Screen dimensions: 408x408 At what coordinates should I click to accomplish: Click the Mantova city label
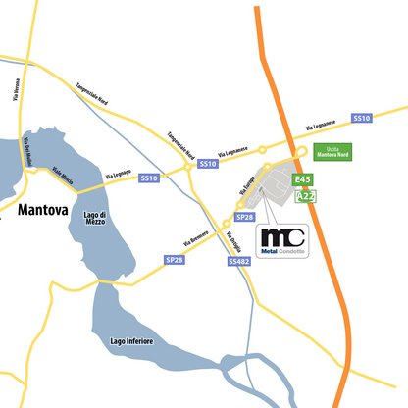pos(41,209)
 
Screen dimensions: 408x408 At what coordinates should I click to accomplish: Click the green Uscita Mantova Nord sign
pos(332,153)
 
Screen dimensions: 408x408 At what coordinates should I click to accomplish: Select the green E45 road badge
pos(302,180)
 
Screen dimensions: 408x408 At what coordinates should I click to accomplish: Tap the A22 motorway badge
pos(305,197)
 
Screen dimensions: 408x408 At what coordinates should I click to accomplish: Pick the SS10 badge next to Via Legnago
pos(149,178)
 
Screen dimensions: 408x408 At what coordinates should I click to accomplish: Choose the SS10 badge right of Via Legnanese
pos(361,118)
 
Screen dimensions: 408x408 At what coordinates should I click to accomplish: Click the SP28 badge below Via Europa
pos(245,216)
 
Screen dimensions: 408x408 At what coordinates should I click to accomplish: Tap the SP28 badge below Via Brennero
pos(175,259)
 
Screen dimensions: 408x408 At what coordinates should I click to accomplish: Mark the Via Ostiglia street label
pos(230,239)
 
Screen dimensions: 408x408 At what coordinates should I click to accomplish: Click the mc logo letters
pos(282,236)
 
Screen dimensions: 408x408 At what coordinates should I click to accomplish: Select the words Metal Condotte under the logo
pos(282,252)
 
